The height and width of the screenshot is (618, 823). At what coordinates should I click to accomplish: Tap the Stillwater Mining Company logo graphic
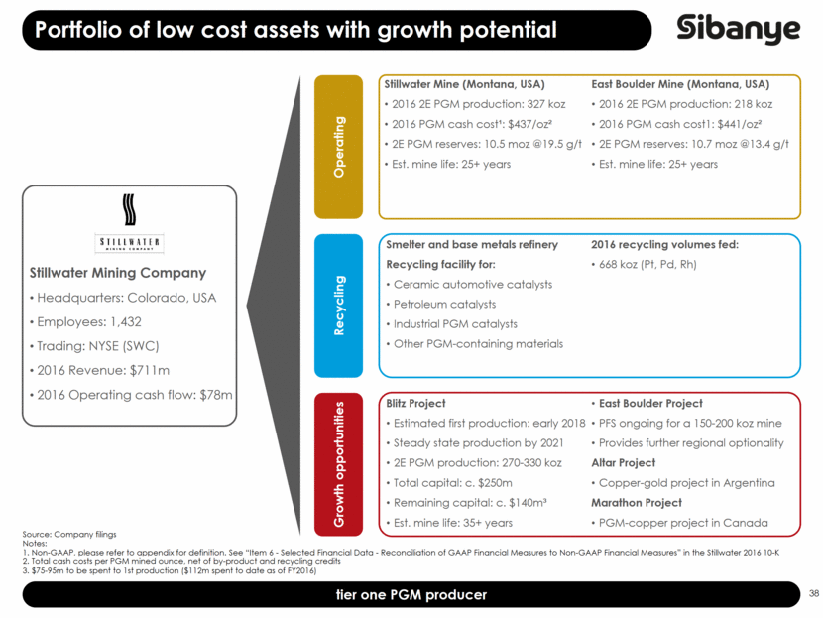click(x=129, y=226)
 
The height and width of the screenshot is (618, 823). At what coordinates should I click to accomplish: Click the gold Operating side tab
click(x=339, y=147)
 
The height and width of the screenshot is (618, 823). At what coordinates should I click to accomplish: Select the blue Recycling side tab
click(x=339, y=306)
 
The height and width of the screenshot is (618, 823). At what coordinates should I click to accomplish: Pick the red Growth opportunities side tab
click(x=339, y=463)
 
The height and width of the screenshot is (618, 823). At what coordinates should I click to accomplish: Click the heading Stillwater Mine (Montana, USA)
click(x=464, y=84)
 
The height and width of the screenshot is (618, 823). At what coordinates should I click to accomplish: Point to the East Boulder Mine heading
click(x=679, y=84)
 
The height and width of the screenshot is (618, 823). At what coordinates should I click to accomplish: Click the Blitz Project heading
click(x=415, y=404)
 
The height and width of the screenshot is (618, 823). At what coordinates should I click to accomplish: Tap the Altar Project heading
click(x=623, y=463)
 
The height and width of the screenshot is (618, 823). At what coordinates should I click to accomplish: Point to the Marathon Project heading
click(x=637, y=503)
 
